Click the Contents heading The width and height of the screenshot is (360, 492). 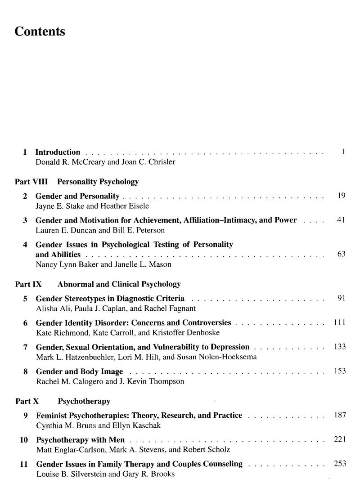[40, 31]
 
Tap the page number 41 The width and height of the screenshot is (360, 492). [341, 220]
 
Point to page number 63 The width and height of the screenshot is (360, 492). [341, 254]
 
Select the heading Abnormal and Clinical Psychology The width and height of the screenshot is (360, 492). [119, 284]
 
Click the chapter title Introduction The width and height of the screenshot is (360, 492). [58, 152]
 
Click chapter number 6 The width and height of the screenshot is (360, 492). [26, 323]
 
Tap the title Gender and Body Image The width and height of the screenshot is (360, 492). [79, 371]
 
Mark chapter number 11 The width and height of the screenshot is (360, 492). [24, 464]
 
